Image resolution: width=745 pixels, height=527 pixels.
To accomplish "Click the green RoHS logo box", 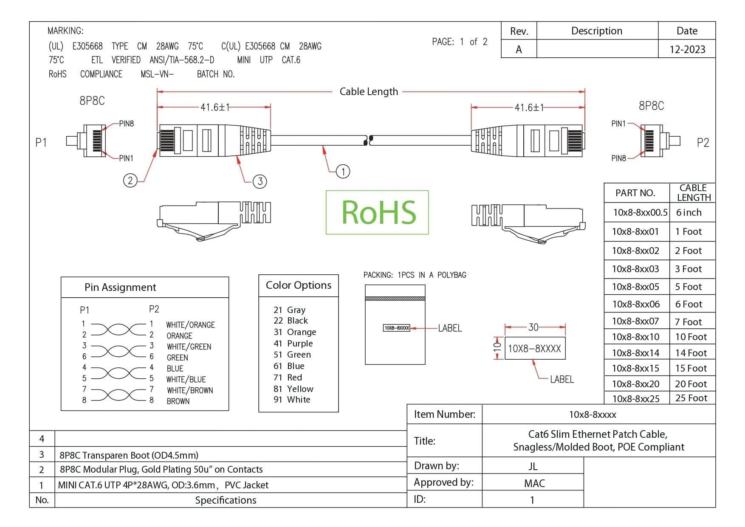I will pyautogui.click(x=377, y=212).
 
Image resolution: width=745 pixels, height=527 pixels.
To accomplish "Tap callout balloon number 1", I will pyautogui.click(x=343, y=172).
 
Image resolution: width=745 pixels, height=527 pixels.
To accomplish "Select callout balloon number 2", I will pyautogui.click(x=130, y=180).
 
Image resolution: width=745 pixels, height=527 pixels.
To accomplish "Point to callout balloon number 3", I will pyautogui.click(x=260, y=182).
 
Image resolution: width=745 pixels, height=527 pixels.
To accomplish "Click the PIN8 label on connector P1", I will pyautogui.click(x=126, y=124).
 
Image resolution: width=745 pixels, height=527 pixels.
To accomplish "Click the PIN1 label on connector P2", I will pyautogui.click(x=618, y=124).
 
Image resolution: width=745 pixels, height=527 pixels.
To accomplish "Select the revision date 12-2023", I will pyautogui.click(x=687, y=49).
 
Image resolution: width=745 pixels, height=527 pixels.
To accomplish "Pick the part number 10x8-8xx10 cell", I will pyautogui.click(x=635, y=337).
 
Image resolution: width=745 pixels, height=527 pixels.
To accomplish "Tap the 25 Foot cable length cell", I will pyautogui.click(x=691, y=398).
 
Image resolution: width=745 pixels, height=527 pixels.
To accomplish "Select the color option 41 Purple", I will pyautogui.click(x=293, y=344).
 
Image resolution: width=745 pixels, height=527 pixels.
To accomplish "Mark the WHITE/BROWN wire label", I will pyautogui.click(x=190, y=390).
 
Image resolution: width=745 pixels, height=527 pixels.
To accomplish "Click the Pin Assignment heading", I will pyautogui.click(x=120, y=287).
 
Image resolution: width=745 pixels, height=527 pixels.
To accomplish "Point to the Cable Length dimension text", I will pyautogui.click(x=369, y=92).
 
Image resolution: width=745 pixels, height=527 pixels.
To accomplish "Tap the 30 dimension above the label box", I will pyautogui.click(x=533, y=327).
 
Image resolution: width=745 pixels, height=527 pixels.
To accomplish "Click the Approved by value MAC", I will pyautogui.click(x=534, y=483).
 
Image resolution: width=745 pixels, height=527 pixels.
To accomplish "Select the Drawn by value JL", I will pyautogui.click(x=533, y=466).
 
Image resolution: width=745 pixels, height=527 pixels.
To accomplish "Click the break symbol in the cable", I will pyautogui.click(x=368, y=140).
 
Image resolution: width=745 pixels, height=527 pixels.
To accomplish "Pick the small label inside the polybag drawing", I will pyautogui.click(x=396, y=328).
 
